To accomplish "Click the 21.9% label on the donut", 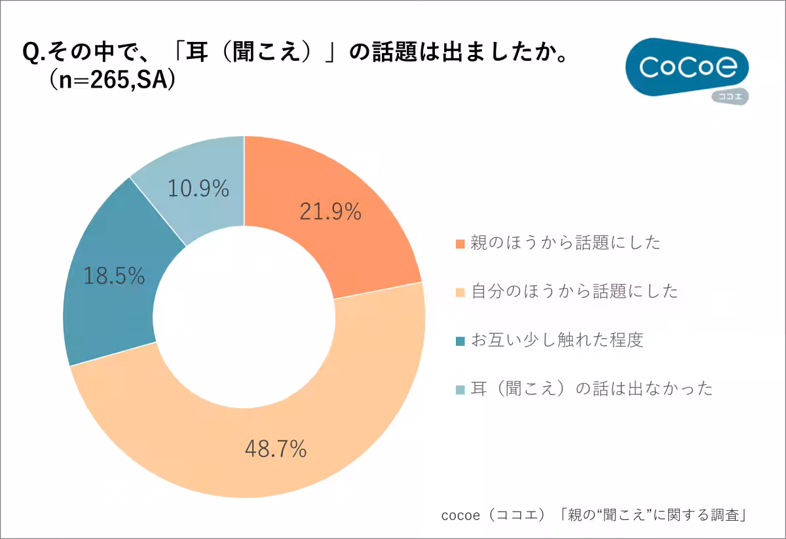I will click(330, 211).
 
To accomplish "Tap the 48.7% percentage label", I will click(276, 449).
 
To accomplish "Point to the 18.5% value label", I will click(114, 276).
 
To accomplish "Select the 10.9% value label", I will click(198, 189).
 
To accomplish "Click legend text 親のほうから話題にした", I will click(565, 243).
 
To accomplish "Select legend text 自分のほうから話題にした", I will click(574, 291).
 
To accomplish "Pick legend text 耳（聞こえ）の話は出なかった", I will click(591, 389).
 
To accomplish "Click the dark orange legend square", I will click(460, 243).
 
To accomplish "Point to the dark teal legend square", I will click(460, 341).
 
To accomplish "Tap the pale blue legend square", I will click(460, 389).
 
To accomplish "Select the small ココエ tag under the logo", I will click(730, 97).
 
